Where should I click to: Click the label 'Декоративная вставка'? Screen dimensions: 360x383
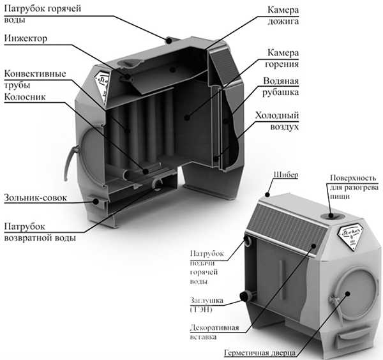click(214, 333)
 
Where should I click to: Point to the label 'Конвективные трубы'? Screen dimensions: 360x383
click(34, 79)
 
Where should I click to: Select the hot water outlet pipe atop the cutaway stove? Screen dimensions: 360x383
click(170, 40)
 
